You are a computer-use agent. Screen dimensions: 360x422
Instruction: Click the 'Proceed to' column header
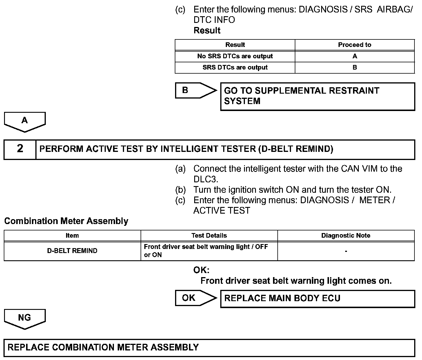(x=354, y=45)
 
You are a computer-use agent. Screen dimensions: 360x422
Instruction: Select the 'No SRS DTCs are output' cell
(x=235, y=56)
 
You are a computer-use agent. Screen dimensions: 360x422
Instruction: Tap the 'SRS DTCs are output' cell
(x=235, y=68)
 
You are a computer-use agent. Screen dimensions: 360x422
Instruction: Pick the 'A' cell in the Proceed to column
(x=354, y=56)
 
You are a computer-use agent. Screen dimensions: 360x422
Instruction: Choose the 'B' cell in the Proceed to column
(x=354, y=68)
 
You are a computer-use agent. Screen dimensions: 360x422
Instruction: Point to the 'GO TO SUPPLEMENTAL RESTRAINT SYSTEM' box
(x=317, y=96)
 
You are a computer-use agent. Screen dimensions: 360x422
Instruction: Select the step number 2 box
(x=20, y=149)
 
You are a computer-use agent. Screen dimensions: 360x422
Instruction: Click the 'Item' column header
(x=72, y=236)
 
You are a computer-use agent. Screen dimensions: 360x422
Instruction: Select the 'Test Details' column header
(x=209, y=236)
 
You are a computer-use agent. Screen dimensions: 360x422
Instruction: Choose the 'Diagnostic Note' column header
(x=346, y=236)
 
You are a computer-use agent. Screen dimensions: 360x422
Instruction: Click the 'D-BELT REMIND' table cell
(x=72, y=251)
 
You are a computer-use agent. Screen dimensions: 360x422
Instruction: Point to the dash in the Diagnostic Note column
(x=346, y=251)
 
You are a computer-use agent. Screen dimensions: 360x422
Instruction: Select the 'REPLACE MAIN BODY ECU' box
(x=317, y=299)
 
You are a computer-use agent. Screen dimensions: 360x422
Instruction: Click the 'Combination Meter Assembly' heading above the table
(x=66, y=221)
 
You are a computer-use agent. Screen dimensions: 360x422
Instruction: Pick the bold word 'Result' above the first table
(x=207, y=30)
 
